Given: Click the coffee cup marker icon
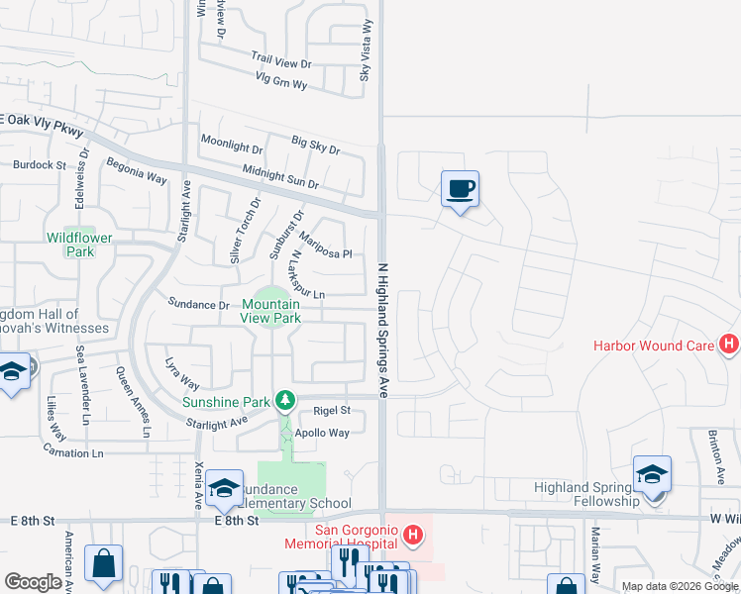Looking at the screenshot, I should [461, 188].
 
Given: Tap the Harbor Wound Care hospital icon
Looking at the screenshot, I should [730, 345].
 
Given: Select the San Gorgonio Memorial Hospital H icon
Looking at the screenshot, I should [414, 537].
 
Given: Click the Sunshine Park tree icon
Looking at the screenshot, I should [285, 399].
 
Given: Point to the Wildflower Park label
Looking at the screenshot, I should [79, 245].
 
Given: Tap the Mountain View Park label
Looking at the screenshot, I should [270, 312].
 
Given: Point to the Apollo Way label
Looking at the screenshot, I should [325, 434].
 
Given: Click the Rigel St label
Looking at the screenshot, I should [332, 410].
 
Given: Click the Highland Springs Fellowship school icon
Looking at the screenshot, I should [653, 473].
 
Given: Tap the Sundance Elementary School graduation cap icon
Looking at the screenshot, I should [225, 487].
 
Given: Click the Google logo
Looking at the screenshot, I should [33, 582].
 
